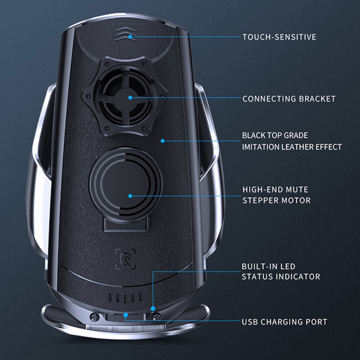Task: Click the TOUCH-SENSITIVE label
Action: (x=279, y=37)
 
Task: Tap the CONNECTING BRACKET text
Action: (x=289, y=99)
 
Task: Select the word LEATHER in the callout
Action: (x=296, y=147)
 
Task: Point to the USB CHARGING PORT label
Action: (x=284, y=322)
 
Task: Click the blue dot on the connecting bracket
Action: (x=130, y=97)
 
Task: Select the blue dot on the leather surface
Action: (x=163, y=141)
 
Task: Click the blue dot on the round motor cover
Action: (x=130, y=196)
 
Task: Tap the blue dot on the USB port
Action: (x=126, y=315)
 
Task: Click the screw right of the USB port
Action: (x=156, y=316)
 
